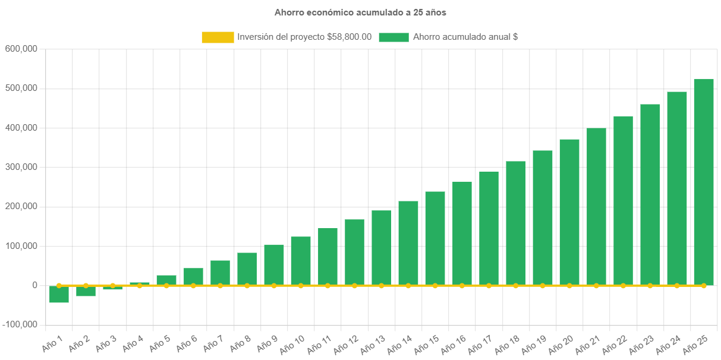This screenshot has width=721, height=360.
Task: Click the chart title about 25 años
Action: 360,12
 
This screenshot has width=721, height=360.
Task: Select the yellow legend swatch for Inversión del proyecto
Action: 218,37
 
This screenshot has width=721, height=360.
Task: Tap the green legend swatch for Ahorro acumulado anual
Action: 393,37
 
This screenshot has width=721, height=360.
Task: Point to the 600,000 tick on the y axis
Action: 21,49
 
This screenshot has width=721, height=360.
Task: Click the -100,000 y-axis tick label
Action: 20,325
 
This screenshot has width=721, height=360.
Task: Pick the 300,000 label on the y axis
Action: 21,167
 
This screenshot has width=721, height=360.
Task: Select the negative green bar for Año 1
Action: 59,294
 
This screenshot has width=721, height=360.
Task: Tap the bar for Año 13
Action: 382,248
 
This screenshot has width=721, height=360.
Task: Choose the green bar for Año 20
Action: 569,212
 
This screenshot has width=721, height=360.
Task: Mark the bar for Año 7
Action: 220,273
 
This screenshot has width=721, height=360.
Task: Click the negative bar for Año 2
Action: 86,291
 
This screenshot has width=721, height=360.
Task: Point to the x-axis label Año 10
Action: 292,343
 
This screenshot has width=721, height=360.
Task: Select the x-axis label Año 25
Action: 695,343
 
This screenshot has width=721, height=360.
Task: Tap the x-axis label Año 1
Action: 52,342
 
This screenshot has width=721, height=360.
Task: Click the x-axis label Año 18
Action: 507,343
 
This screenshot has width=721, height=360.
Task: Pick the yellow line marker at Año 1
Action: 59,286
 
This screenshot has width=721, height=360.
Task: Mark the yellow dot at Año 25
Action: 704,286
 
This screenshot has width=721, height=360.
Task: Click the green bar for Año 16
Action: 462,233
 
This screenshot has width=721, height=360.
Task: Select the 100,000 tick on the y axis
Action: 21,246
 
